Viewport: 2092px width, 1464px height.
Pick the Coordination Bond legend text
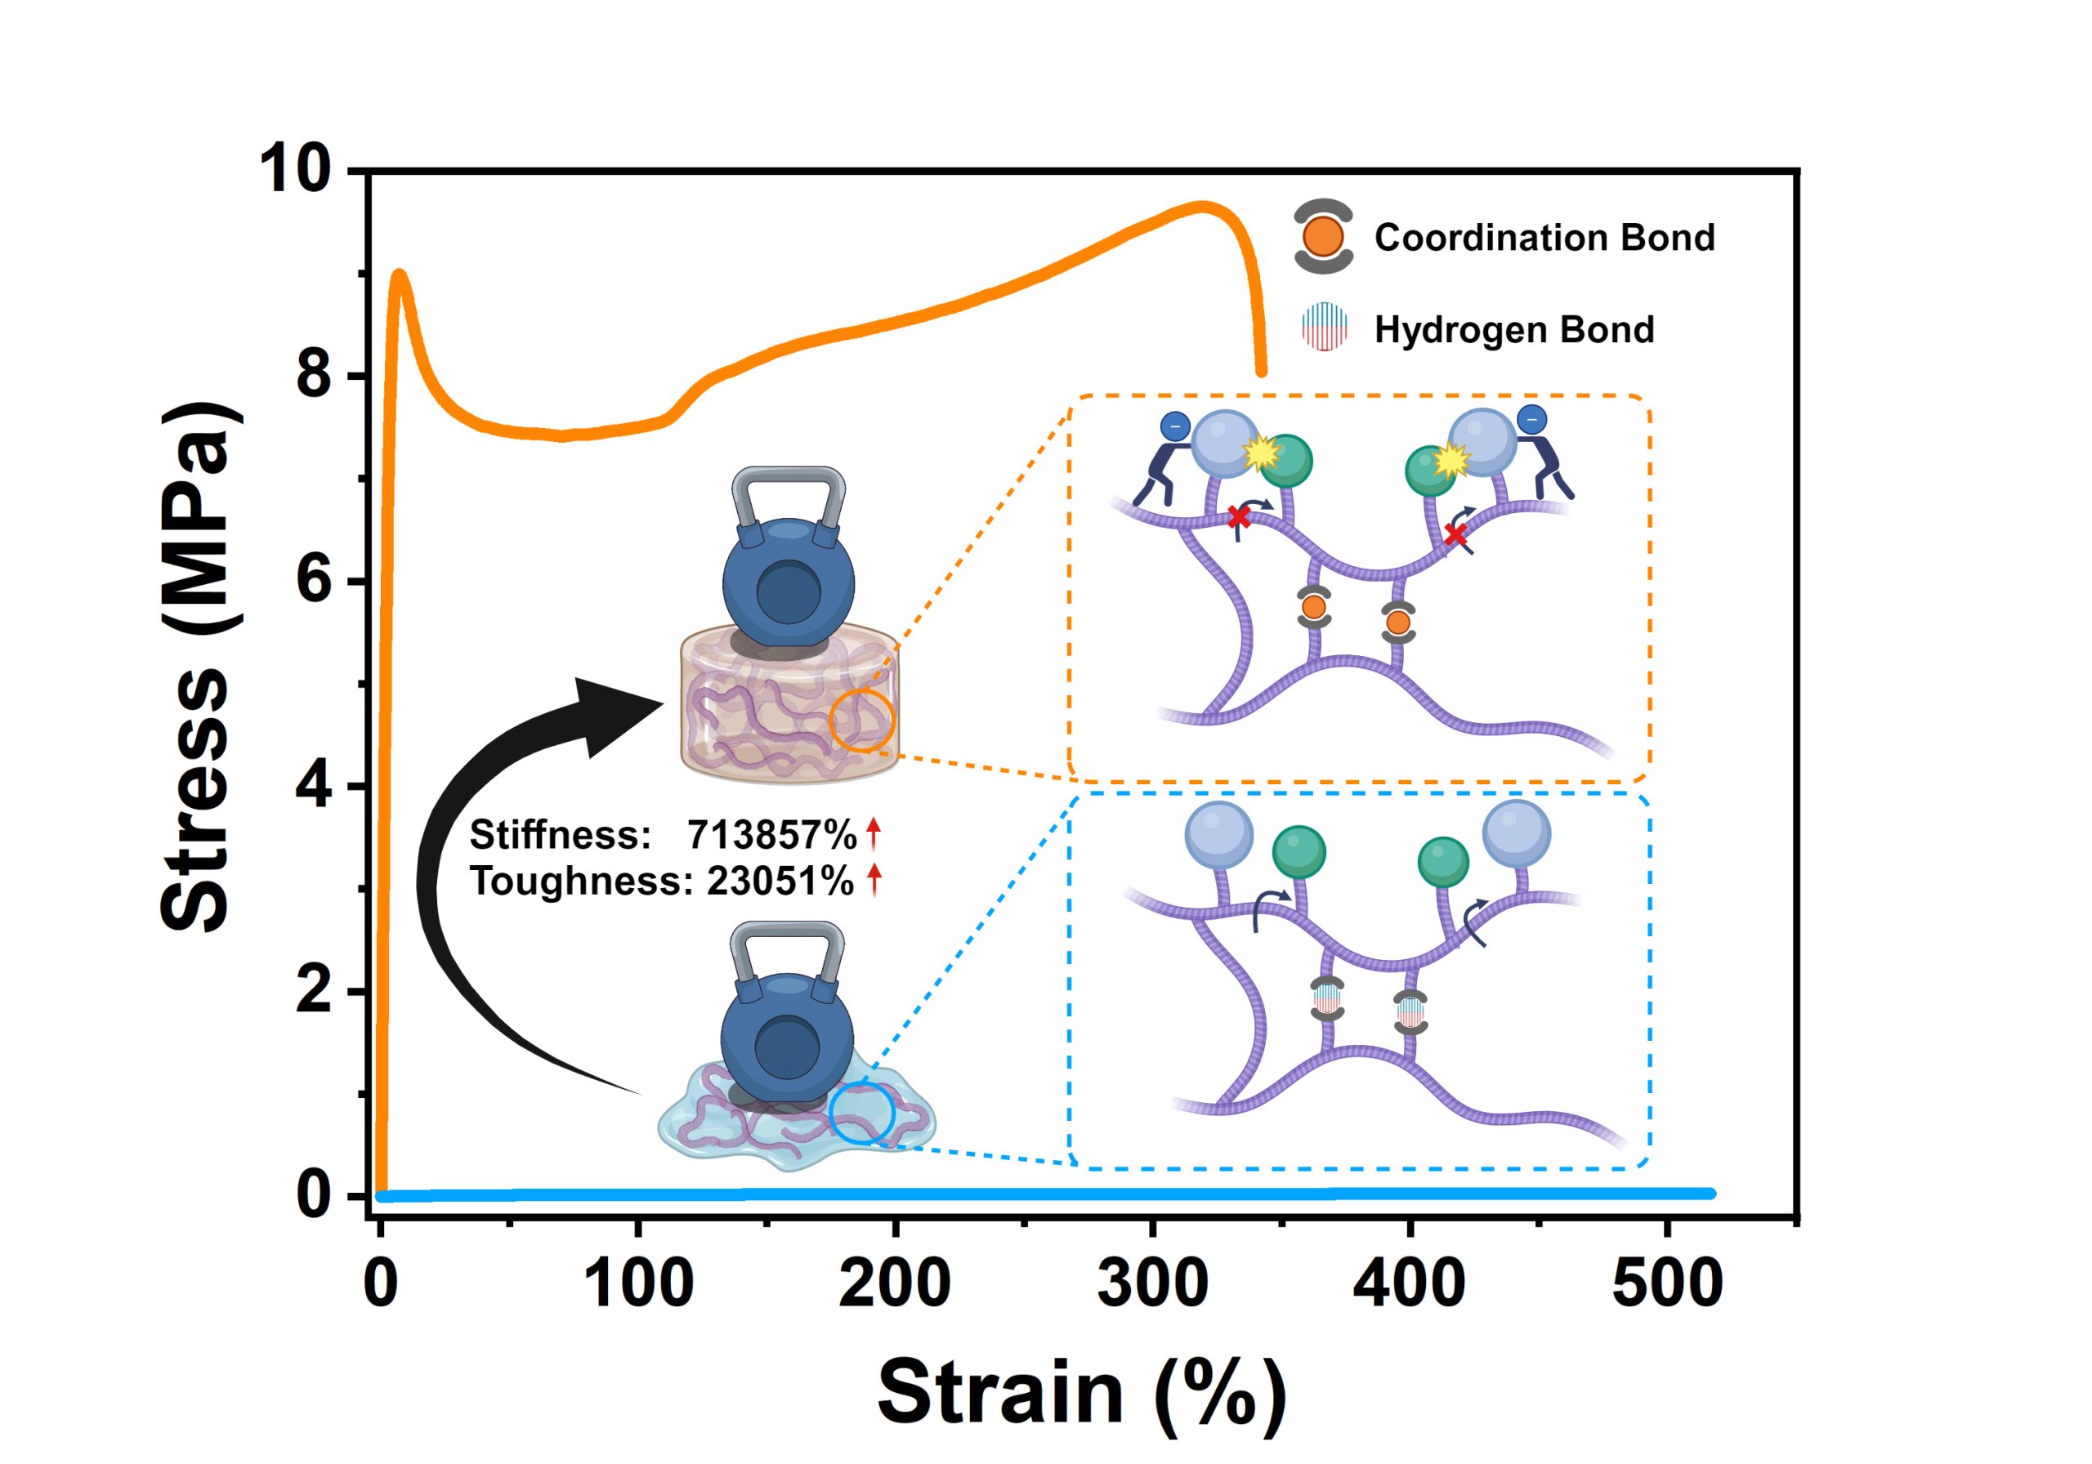(1544, 238)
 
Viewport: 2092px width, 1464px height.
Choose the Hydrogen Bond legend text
(1514, 330)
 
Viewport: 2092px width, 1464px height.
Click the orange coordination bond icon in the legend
(1323, 237)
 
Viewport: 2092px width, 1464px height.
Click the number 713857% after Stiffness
(771, 834)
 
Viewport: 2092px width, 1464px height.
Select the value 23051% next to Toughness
(780, 881)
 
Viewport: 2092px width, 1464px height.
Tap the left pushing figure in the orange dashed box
(1160, 460)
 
